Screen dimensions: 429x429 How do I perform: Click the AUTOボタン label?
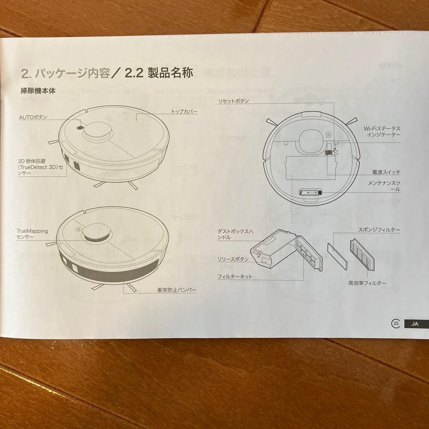coord(33,117)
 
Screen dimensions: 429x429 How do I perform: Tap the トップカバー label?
coord(184,112)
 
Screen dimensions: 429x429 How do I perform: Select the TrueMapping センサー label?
coord(32,234)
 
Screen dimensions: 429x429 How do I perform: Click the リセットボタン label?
coord(233,101)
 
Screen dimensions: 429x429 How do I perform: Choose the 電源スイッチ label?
coord(386,172)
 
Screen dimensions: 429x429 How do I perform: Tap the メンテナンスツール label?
coord(384,186)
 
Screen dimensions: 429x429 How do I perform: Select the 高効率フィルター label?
coord(367,283)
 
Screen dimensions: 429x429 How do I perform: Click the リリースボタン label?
coord(233,259)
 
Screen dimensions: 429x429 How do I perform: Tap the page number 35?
coord(395,323)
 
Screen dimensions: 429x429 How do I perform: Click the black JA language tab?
coord(415,323)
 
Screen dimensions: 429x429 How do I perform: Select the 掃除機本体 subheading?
coord(38,91)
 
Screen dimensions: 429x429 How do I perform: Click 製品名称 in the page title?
coord(170,73)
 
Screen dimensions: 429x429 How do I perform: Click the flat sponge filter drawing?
coord(337,255)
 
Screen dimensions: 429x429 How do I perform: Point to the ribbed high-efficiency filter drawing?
coord(361,255)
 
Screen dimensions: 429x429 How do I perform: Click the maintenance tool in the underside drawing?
coord(310,192)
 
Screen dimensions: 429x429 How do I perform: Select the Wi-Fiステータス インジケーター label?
coord(382,132)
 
